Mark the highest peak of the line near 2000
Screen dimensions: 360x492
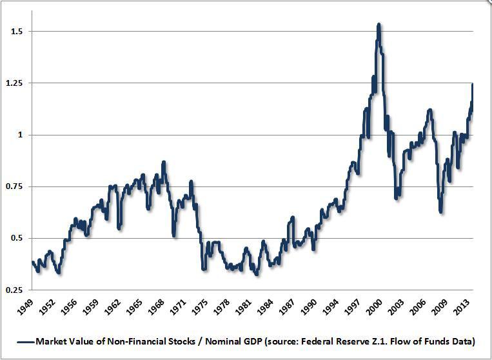(379, 25)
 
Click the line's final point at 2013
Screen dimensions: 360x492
(473, 84)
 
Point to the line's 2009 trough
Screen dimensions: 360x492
(440, 211)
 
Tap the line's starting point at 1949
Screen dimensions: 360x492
(32, 261)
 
